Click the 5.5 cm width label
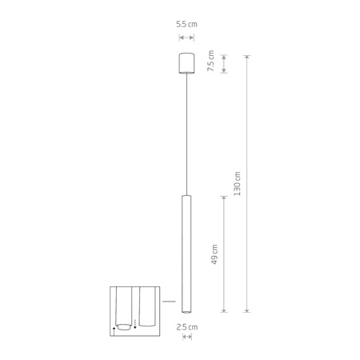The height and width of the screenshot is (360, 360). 186,25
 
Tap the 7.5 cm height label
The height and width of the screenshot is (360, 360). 211,62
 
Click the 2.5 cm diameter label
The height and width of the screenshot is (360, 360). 186,326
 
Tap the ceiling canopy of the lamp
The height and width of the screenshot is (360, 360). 186,62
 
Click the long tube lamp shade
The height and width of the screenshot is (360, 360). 186,253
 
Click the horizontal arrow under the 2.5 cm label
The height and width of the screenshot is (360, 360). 186,337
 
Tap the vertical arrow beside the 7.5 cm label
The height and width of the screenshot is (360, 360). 224,63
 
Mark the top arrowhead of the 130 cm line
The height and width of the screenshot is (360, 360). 247,57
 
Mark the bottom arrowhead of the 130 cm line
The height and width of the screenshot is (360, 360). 247,309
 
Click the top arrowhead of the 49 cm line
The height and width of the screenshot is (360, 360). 225,197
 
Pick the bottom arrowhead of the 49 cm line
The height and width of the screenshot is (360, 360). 225,309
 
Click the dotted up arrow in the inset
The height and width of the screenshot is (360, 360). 114,330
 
